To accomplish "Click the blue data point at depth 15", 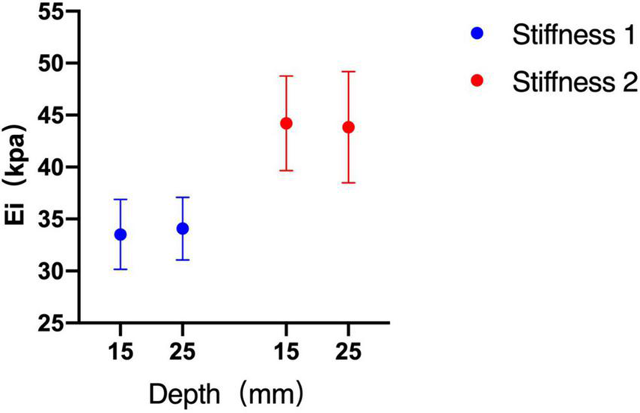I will pos(120,235).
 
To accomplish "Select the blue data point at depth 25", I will pos(183,229).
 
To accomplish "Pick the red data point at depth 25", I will pos(348,127).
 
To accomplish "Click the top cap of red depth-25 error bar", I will pos(348,72).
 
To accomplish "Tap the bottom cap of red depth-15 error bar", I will pos(285,171).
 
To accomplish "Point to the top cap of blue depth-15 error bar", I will pos(120,199).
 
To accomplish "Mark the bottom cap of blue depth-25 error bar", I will pos(183,260).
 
